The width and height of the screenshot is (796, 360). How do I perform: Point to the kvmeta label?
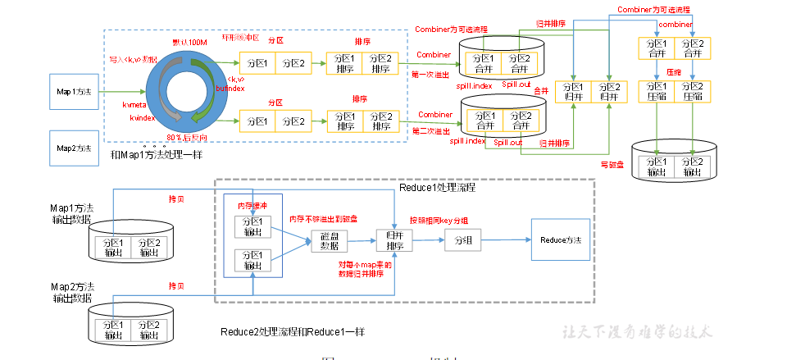click(x=135, y=105)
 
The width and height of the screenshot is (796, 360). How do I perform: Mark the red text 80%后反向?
click(x=185, y=136)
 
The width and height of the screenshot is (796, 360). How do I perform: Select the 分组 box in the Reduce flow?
click(x=457, y=240)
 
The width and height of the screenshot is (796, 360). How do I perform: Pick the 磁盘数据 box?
click(x=330, y=240)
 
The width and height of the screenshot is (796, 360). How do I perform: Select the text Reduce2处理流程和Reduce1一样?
click(x=293, y=331)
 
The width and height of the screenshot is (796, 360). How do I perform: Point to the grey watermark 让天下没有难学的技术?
click(x=638, y=331)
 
